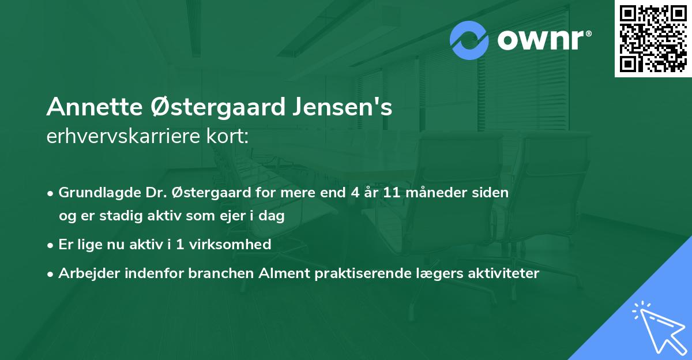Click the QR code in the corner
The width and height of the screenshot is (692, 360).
click(x=653, y=39)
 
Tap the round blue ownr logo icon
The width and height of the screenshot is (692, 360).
click(x=469, y=40)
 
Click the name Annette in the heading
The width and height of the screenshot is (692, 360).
click(x=89, y=107)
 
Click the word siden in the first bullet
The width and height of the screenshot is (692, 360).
click(x=490, y=193)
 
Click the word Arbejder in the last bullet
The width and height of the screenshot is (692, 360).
click(x=86, y=273)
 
